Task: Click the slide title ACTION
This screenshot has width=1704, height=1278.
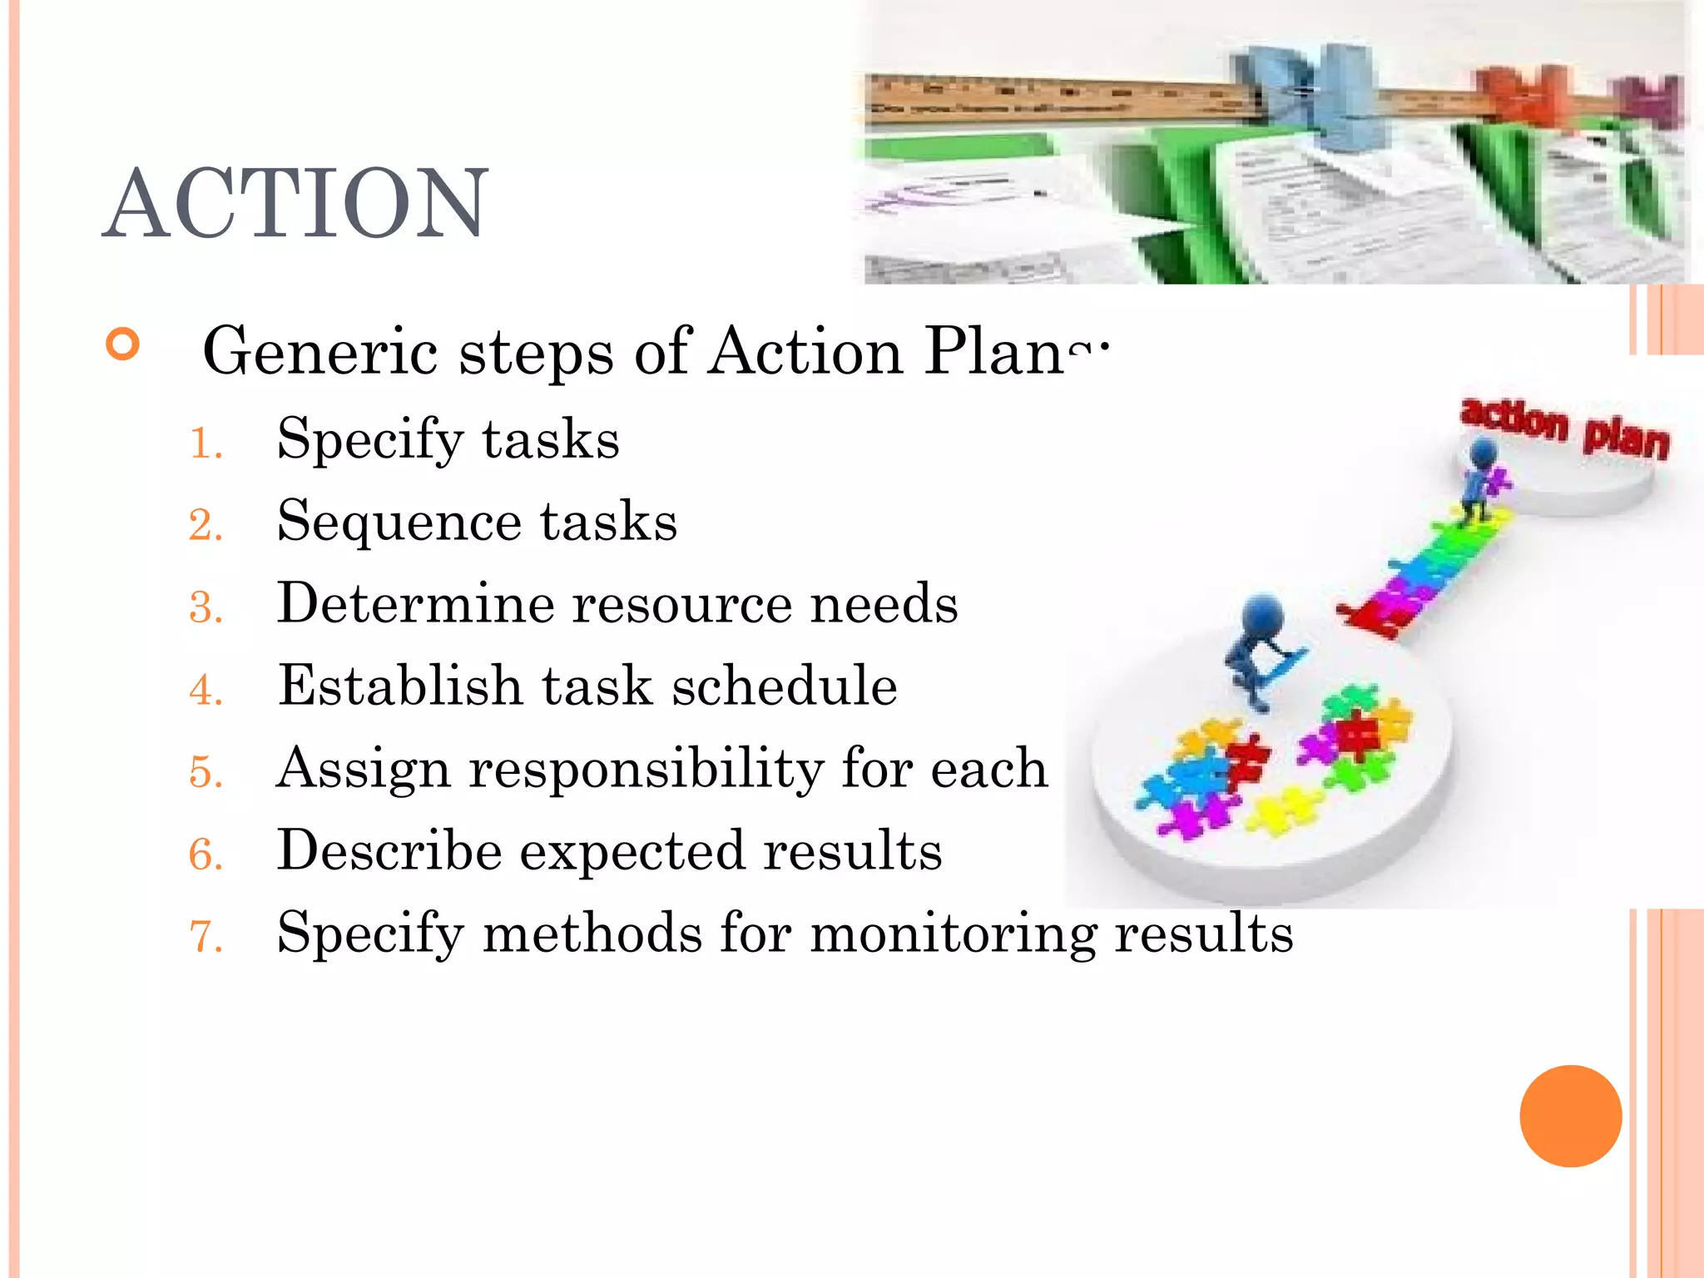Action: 295,204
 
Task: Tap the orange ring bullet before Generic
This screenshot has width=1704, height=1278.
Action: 123,344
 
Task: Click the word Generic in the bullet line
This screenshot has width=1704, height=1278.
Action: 320,352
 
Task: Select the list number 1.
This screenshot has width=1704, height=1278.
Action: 205,443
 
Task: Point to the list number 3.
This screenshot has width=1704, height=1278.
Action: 206,607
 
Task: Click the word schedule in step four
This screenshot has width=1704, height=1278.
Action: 784,686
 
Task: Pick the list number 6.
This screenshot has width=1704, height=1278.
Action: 206,854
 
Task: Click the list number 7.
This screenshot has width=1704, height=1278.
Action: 206,937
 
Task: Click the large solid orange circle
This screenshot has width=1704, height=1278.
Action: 1570,1116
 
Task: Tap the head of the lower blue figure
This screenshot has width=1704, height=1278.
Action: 1262,617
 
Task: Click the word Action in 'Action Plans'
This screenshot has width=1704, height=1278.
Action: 805,352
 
